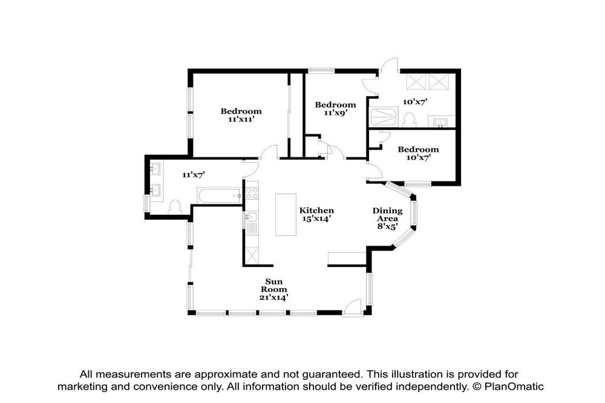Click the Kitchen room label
(x=316, y=211)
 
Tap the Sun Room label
(x=274, y=285)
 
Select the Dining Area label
(x=387, y=214)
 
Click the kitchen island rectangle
(x=286, y=215)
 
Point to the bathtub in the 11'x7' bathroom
(x=219, y=196)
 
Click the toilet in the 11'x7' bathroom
(x=175, y=206)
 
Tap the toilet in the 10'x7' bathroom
(x=409, y=120)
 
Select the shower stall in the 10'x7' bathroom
(x=383, y=117)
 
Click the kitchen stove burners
(x=252, y=193)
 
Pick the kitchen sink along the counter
(x=251, y=217)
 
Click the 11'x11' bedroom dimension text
(x=241, y=119)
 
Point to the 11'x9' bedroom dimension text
(x=336, y=113)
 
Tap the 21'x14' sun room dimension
(x=274, y=297)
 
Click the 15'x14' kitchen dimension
(x=316, y=218)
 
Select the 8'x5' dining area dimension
(x=387, y=226)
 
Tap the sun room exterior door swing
(x=352, y=307)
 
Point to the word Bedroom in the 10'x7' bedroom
(x=418, y=149)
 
